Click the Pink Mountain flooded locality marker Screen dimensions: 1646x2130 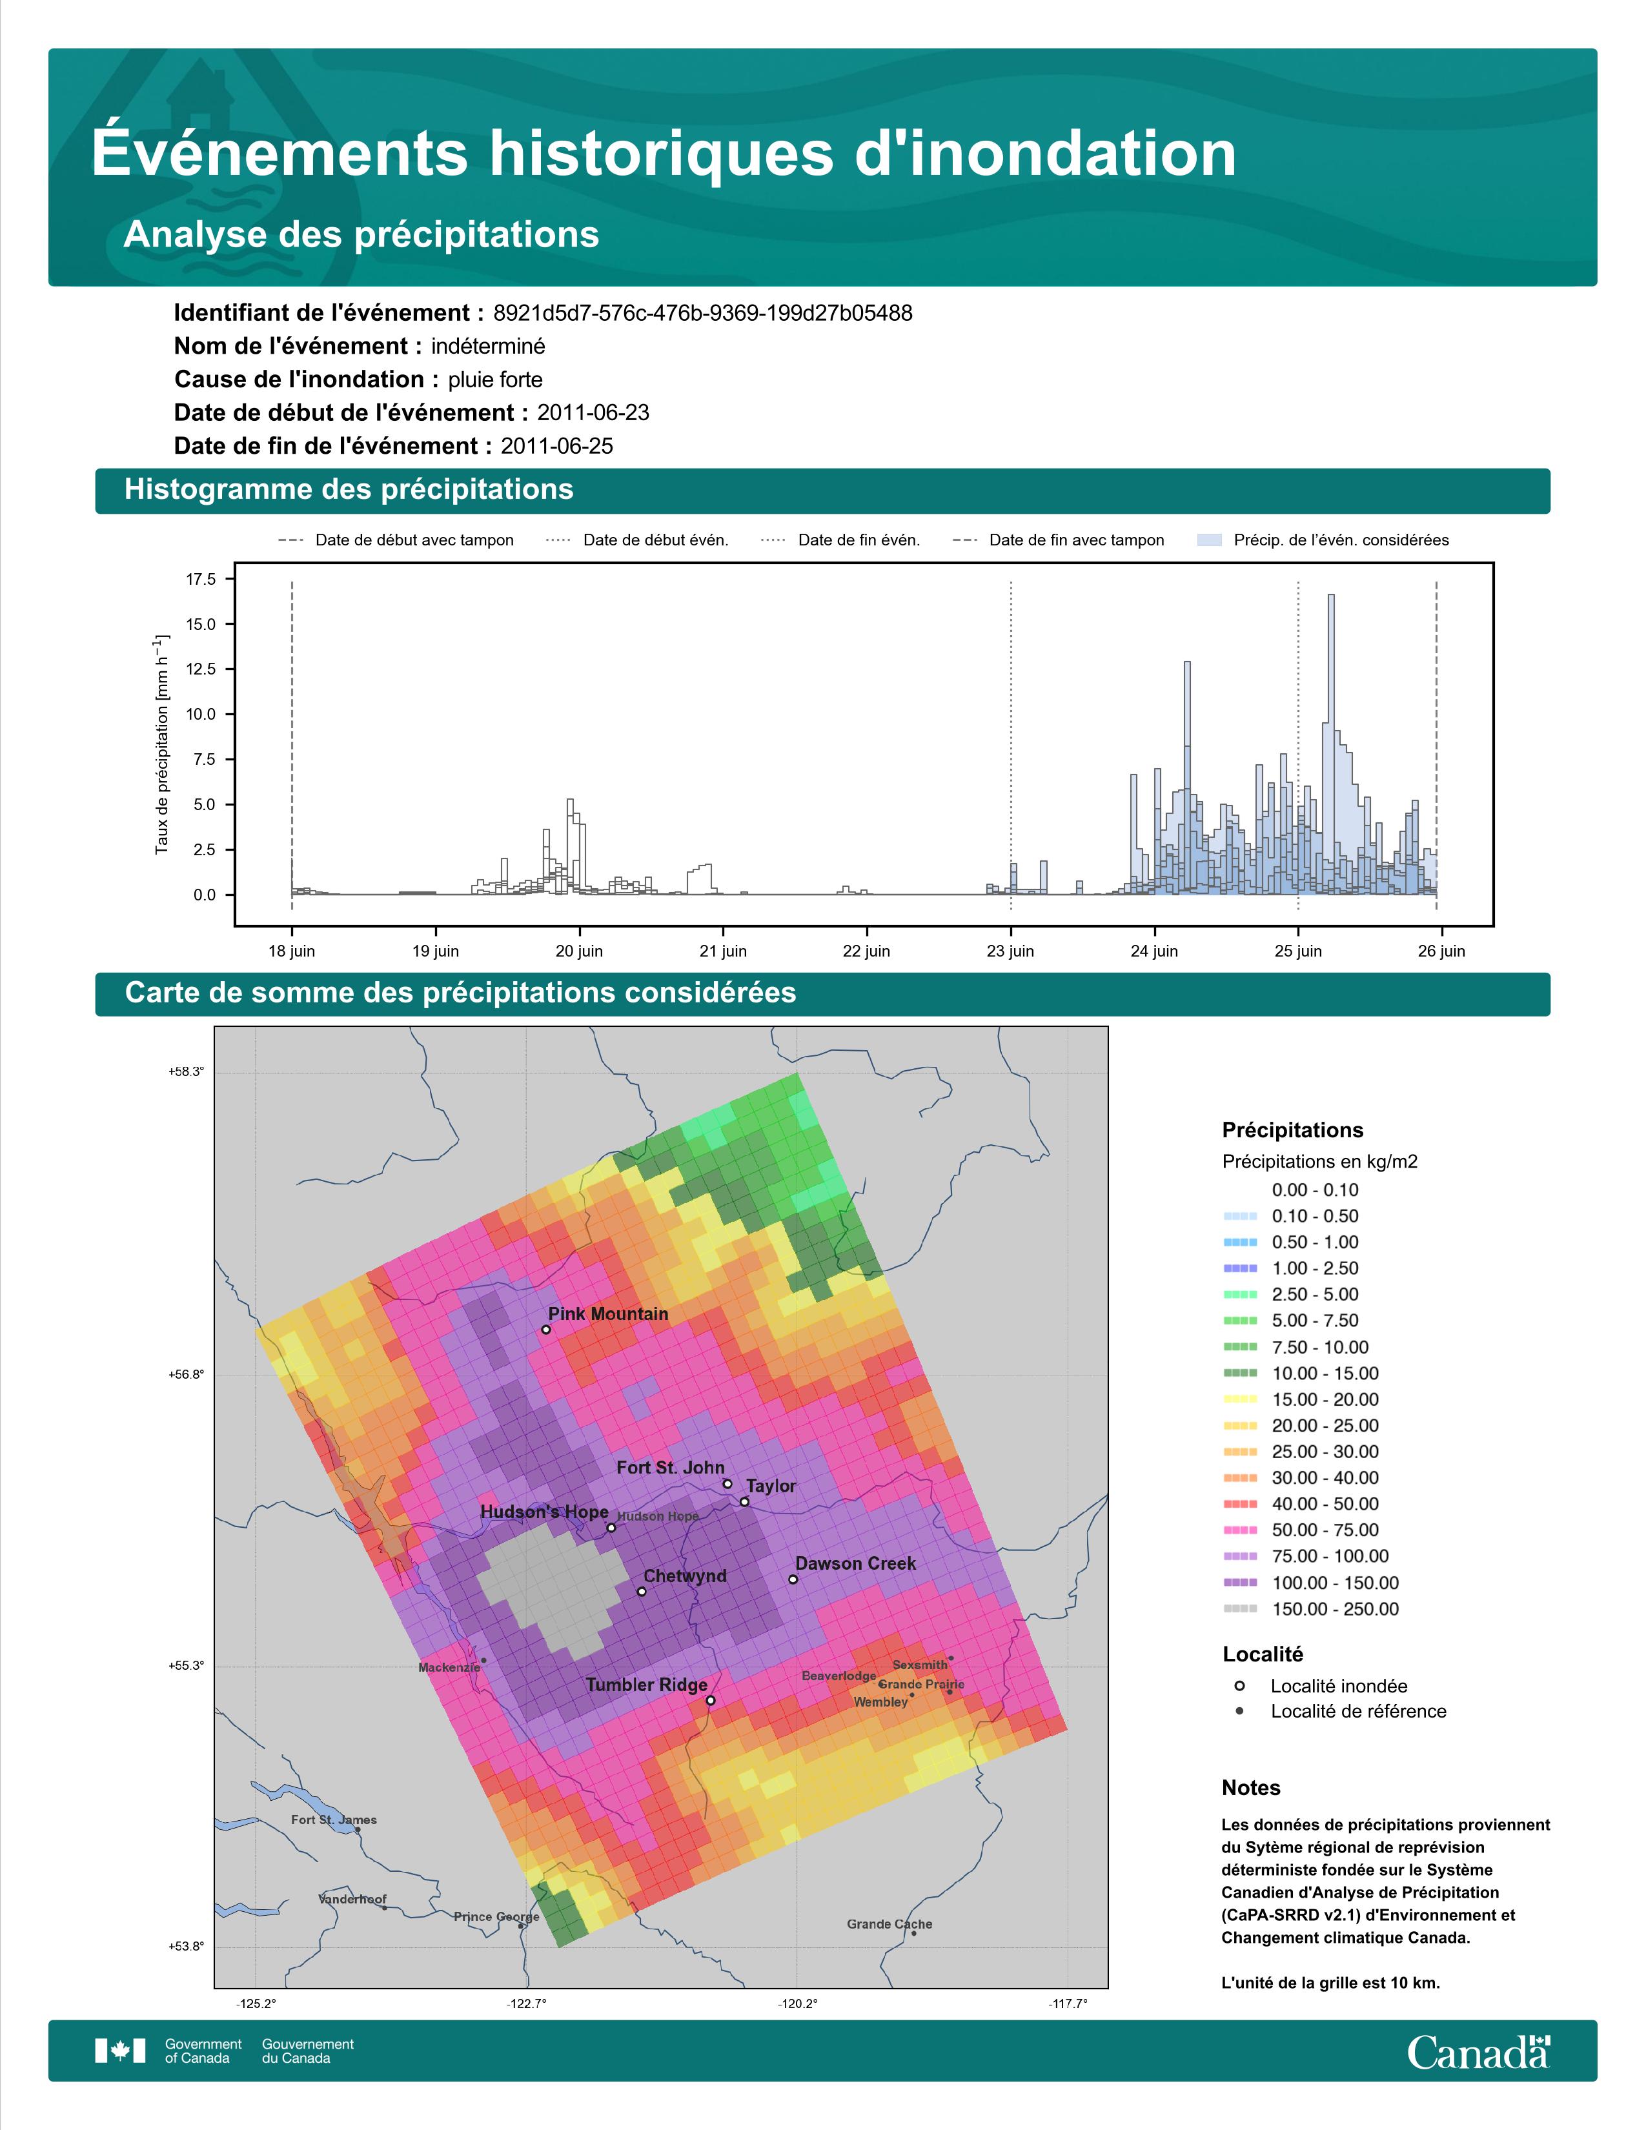coord(546,1329)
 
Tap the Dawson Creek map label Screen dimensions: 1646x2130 coord(855,1563)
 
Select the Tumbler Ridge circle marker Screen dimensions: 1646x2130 coord(710,1700)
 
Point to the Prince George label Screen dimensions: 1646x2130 coord(496,1916)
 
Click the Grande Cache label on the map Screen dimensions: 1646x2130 coord(889,1924)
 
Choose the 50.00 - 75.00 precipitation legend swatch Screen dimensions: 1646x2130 coord(1239,1530)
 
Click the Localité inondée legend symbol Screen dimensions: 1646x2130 coord(1239,1685)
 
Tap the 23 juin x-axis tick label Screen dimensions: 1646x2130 coord(1010,951)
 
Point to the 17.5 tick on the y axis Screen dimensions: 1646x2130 coord(201,580)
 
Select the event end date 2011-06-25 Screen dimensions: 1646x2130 coord(557,446)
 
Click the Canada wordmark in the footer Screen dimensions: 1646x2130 coord(1478,2051)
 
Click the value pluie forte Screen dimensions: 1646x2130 coord(495,380)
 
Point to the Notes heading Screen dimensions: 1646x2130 coord(1251,1788)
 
